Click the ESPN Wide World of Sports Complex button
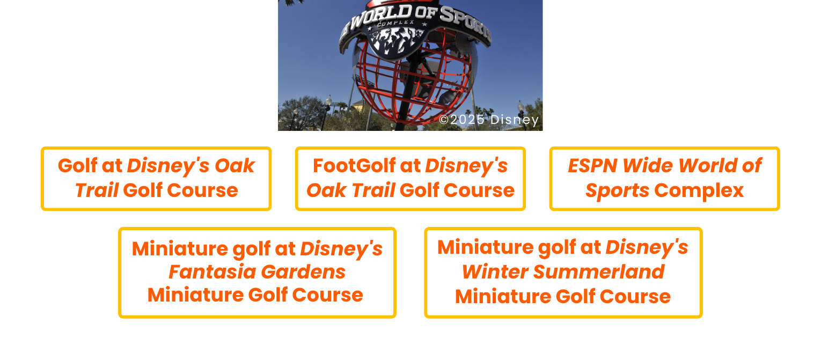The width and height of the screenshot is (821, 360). [x=664, y=178]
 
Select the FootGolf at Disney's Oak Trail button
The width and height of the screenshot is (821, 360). [x=410, y=178]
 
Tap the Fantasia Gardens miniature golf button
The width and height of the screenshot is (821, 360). [x=257, y=272]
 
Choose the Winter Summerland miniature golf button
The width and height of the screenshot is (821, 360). [x=563, y=272]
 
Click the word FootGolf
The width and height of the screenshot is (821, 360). [x=355, y=166]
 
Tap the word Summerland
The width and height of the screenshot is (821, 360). [x=598, y=272]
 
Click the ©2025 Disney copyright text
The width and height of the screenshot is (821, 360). [x=488, y=120]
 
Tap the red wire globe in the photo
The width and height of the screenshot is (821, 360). [x=413, y=80]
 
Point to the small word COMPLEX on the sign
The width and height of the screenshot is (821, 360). [x=396, y=23]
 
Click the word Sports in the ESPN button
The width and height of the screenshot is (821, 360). [x=617, y=190]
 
